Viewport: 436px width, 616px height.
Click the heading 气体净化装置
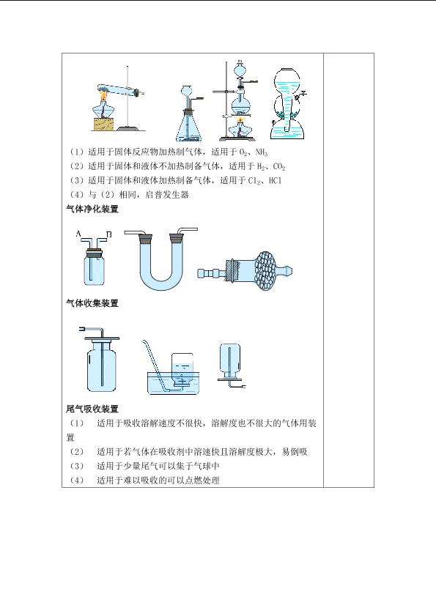(92, 209)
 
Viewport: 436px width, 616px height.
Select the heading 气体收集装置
(92, 303)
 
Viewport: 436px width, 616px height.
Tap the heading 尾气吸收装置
(92, 409)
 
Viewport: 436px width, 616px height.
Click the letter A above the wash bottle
(78, 234)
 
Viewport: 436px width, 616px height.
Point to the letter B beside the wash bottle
(109, 234)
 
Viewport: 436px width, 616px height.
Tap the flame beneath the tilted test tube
(103, 94)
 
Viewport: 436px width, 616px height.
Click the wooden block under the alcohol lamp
(105, 124)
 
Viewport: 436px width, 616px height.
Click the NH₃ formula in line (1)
(262, 152)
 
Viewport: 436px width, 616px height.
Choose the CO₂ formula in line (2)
(278, 166)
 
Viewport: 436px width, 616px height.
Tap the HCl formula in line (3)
(275, 181)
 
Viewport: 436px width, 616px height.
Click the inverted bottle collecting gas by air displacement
(229, 361)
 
